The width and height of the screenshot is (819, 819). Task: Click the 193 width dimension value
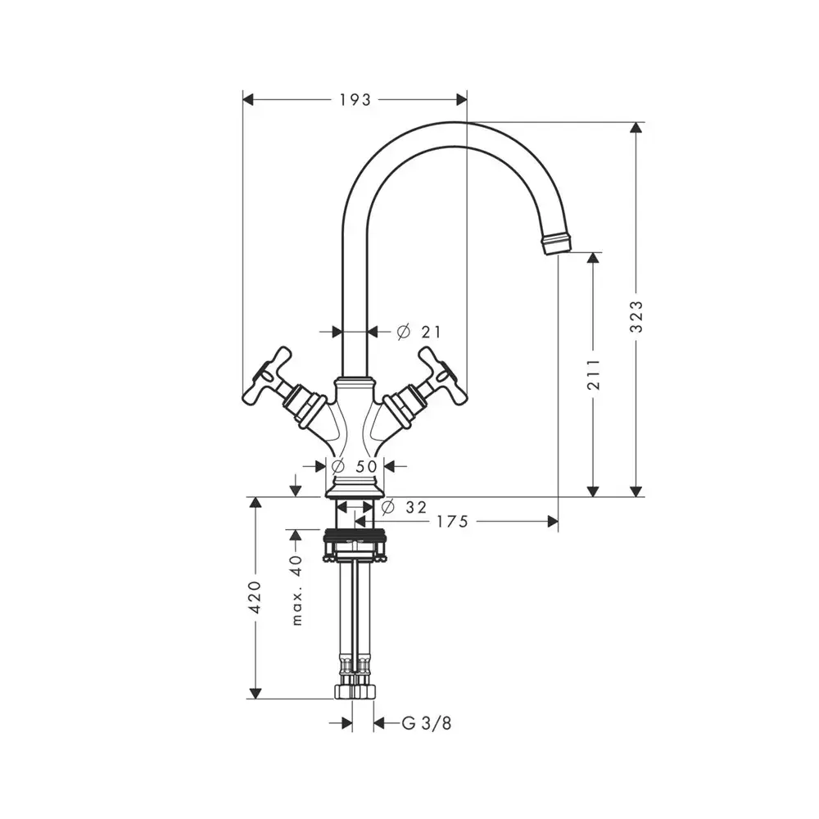[x=355, y=99]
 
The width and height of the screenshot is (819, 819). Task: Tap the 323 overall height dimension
[x=636, y=317]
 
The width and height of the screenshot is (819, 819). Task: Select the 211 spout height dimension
[x=593, y=374]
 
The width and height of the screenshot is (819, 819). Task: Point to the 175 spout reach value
[x=452, y=521]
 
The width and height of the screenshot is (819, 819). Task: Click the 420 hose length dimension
[x=255, y=597]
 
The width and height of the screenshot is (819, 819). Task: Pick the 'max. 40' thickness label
[x=296, y=590]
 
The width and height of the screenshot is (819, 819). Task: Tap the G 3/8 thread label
[x=426, y=723]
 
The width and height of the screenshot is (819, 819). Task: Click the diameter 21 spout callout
[x=419, y=332]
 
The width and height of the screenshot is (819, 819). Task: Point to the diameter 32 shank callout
[x=404, y=507]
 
